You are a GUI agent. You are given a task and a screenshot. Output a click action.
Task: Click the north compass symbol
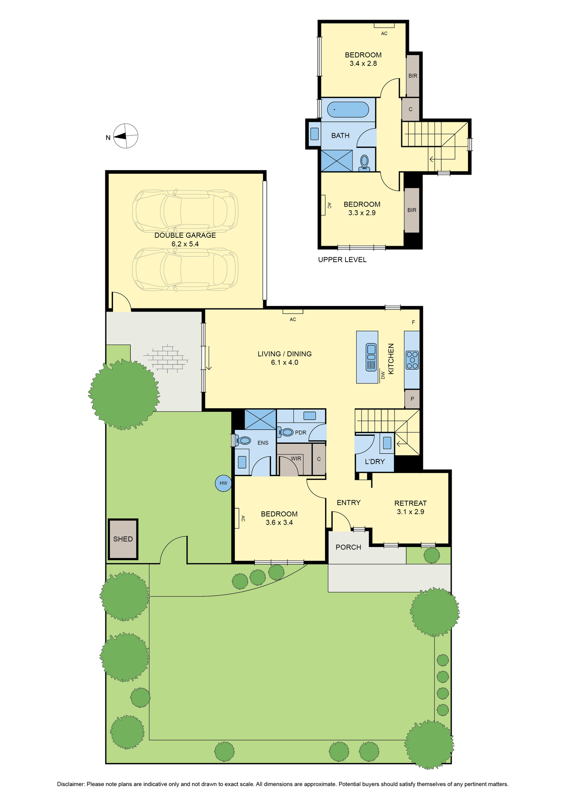tap(126, 136)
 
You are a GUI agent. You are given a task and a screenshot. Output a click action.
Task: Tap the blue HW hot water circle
tap(223, 483)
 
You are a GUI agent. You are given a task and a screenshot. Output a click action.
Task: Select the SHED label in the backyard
tap(123, 539)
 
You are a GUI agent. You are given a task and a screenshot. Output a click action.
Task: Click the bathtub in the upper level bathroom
tap(348, 109)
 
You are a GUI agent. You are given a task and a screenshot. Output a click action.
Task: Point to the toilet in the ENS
tap(243, 440)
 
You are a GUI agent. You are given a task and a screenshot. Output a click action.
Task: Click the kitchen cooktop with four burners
tap(412, 360)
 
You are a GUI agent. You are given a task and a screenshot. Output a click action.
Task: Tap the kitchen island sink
tap(371, 357)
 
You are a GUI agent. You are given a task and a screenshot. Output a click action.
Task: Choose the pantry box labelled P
tap(412, 399)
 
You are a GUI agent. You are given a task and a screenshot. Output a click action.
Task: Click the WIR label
tap(296, 458)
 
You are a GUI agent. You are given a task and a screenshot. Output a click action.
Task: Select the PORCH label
tap(348, 547)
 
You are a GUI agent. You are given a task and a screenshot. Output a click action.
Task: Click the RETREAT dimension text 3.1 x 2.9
tap(410, 511)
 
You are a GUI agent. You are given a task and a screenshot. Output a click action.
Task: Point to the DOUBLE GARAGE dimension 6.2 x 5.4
tap(185, 244)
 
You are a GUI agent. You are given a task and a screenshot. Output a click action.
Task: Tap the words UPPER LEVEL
tap(342, 260)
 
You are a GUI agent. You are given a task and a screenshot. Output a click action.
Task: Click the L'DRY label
tap(375, 461)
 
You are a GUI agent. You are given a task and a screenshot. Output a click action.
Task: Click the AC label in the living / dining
tap(293, 319)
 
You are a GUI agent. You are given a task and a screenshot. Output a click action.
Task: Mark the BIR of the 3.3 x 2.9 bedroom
tap(412, 210)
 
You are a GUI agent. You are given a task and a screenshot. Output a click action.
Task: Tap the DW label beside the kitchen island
tap(383, 375)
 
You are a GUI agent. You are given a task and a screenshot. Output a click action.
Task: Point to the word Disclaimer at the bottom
tap(71, 784)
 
